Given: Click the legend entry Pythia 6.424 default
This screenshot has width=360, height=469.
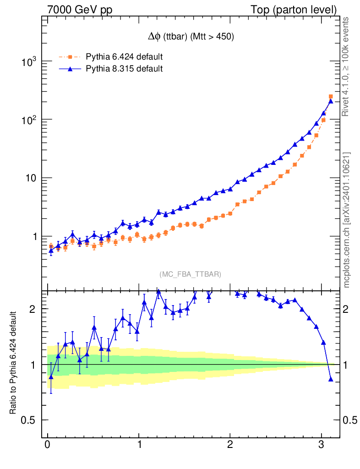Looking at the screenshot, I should [124, 57].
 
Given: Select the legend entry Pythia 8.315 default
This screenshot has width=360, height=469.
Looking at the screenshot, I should [124, 69].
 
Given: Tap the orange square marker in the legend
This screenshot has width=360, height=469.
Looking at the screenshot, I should [70, 57].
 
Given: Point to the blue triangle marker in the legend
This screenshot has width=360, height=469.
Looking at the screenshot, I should [70, 69].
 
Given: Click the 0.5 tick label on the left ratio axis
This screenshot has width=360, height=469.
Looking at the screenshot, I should [29, 420].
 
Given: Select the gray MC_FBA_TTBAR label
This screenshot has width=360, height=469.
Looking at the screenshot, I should [191, 274].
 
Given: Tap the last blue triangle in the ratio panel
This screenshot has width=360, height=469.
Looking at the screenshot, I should [331, 379].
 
